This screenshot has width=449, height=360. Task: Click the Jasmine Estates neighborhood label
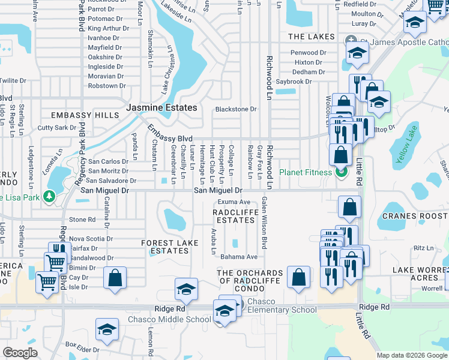(x=161, y=108)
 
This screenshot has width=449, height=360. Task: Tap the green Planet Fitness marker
(x=342, y=173)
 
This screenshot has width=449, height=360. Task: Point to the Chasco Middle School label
(x=169, y=319)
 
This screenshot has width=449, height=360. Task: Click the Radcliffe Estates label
(x=235, y=215)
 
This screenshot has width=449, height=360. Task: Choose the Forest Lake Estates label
(x=165, y=247)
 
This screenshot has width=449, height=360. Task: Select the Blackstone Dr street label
(x=236, y=110)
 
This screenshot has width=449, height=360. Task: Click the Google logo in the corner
(x=20, y=353)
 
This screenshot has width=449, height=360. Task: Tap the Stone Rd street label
(x=82, y=220)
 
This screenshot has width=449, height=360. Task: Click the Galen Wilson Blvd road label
(x=264, y=224)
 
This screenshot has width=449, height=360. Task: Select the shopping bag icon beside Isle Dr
(x=115, y=278)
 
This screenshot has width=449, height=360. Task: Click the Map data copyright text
(x=411, y=355)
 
